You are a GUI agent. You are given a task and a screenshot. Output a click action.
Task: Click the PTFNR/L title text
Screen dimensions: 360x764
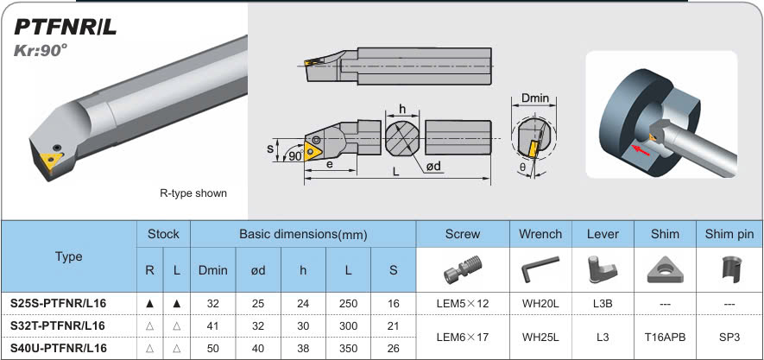pyautogui.click(x=65, y=27)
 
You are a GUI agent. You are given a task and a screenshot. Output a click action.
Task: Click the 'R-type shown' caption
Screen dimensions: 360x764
pyautogui.click(x=193, y=193)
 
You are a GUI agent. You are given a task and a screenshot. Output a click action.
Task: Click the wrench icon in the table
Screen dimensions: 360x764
pyautogui.click(x=540, y=270)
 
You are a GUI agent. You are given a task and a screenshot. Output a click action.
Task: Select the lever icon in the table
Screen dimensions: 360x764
pyautogui.click(x=602, y=269)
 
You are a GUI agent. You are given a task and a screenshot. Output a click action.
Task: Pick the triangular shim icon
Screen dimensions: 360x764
pyautogui.click(x=665, y=270)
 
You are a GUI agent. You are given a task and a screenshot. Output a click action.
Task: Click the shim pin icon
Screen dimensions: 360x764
pyautogui.click(x=729, y=269)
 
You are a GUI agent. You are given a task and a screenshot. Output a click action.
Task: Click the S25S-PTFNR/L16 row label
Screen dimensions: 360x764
pyautogui.click(x=58, y=304)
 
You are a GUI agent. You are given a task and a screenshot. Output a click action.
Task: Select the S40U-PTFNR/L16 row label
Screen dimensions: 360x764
pyautogui.click(x=58, y=348)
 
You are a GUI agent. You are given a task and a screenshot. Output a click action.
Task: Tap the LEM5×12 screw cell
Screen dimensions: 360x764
pyautogui.click(x=463, y=304)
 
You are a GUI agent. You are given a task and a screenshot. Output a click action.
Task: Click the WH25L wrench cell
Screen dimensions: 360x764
pyautogui.click(x=540, y=337)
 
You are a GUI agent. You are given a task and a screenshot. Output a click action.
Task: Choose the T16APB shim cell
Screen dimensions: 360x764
pyautogui.click(x=665, y=337)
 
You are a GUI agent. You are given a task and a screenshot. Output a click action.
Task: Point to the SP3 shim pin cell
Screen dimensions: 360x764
pyautogui.click(x=729, y=337)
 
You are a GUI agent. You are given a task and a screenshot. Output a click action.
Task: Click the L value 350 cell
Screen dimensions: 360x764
pyautogui.click(x=348, y=348)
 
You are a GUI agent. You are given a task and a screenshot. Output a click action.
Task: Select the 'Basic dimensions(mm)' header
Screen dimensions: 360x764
pyautogui.click(x=303, y=234)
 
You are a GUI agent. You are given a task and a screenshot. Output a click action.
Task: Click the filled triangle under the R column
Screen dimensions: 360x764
pyautogui.click(x=149, y=304)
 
